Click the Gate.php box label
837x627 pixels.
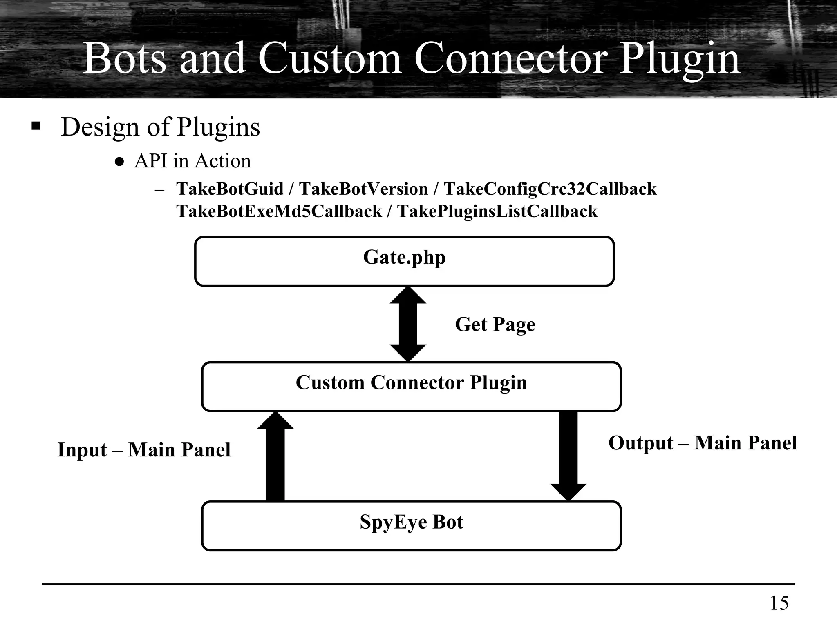click(404, 258)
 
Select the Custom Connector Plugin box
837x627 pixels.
click(411, 386)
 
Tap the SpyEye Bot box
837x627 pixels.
click(411, 525)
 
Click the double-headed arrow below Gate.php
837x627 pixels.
click(408, 324)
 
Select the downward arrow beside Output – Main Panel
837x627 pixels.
click(568, 455)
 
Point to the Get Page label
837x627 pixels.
click(495, 325)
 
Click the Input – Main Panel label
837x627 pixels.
click(144, 450)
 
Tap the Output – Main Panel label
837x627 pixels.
click(702, 443)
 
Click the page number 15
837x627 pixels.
click(779, 603)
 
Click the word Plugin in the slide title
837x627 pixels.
click(679, 58)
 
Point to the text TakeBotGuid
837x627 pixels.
click(230, 189)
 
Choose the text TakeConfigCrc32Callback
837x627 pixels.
click(550, 189)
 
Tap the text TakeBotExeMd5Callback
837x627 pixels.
click(279, 211)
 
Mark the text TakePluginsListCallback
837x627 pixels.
click(497, 211)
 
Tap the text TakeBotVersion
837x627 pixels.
click(363, 189)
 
